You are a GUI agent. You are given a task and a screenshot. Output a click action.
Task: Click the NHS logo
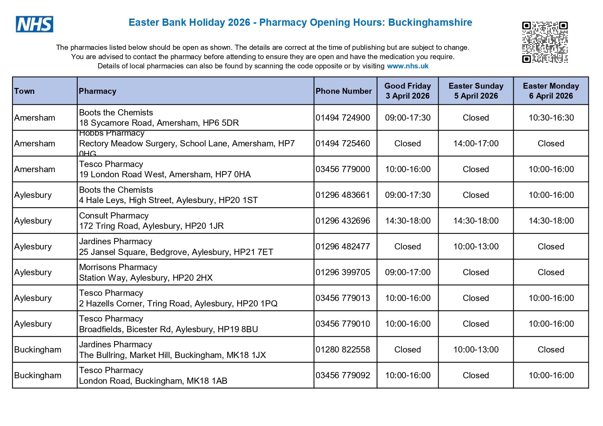tap(34, 24)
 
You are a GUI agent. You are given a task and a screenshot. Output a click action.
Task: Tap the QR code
tap(545, 42)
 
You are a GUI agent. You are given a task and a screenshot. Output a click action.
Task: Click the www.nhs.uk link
tap(407, 66)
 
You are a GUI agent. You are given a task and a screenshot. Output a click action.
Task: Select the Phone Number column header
tap(343, 91)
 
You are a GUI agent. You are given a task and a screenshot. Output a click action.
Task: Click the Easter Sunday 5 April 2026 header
tap(476, 91)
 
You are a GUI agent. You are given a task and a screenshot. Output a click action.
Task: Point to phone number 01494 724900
tap(343, 117)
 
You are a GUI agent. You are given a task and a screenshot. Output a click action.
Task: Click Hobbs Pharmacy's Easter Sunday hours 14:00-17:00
tap(476, 143)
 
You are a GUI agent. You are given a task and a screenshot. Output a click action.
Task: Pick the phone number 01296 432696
tap(343, 221)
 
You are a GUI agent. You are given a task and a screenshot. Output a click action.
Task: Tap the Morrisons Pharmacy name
tap(118, 267)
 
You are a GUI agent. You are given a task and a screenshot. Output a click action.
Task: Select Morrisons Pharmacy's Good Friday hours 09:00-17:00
tap(408, 272)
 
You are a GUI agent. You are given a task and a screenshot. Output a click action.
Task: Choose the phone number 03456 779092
tap(343, 375)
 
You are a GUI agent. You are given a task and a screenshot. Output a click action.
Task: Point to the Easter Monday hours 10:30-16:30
tap(551, 117)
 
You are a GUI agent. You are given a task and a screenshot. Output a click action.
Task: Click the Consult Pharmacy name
tap(114, 216)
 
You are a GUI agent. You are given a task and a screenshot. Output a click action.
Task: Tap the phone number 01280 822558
tap(343, 349)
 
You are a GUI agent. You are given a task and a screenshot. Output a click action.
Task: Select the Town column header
tap(24, 91)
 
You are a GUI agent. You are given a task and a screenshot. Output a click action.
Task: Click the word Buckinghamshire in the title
tap(430, 22)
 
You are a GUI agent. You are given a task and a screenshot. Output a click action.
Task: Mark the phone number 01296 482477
tap(343, 246)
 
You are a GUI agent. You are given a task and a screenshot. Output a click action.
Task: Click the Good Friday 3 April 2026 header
tap(408, 91)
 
